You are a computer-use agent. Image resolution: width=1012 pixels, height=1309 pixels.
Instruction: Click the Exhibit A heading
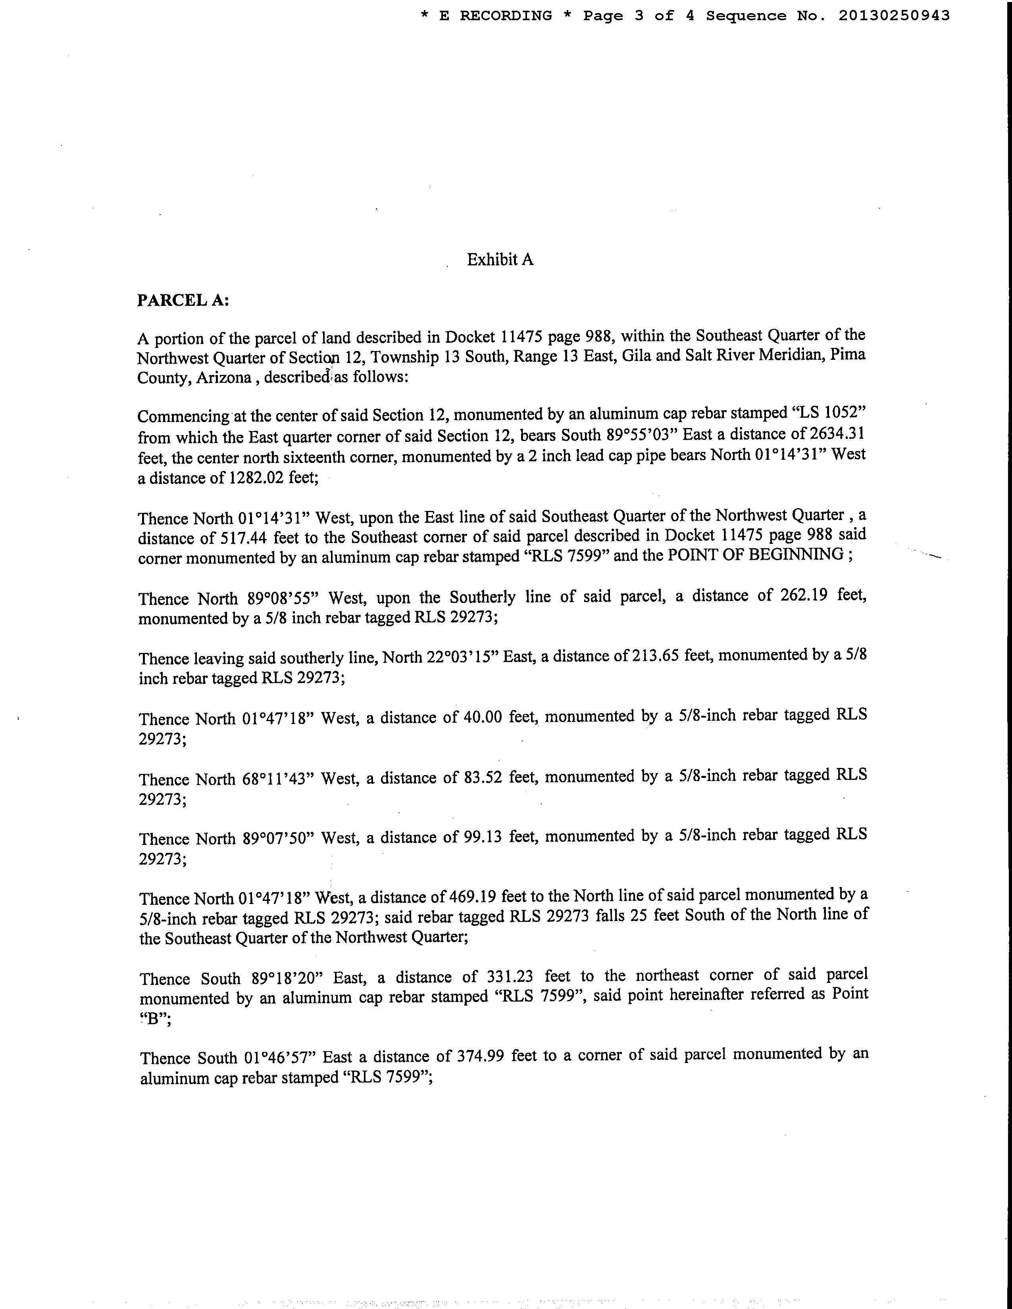pos(500,259)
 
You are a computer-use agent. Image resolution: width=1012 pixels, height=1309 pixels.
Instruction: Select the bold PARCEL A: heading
pos(183,299)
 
